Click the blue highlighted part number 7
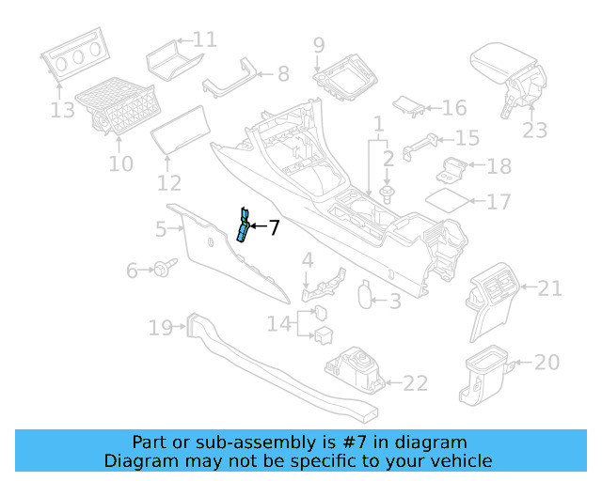[243, 225]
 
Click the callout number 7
[274, 227]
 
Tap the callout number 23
[535, 131]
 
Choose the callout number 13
[62, 111]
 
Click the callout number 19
[160, 328]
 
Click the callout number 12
[169, 182]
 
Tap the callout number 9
[319, 45]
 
